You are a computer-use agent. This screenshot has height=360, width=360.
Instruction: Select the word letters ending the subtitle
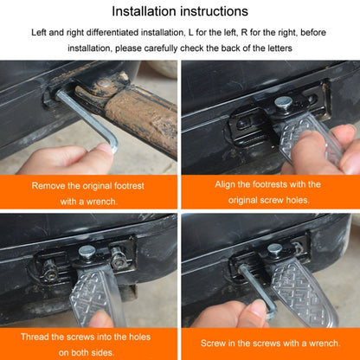pos(278,48)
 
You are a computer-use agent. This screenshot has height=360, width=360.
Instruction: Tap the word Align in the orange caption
pos(218,184)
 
